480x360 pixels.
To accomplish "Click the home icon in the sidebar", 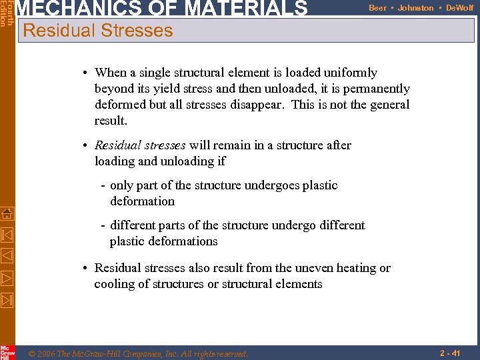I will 7,214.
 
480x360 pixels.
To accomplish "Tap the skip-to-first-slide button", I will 7,235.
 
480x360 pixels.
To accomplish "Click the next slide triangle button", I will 7,278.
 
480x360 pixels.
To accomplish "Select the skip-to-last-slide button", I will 7,299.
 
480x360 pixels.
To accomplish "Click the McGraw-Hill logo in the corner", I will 7,352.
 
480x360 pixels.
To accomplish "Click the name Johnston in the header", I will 415,8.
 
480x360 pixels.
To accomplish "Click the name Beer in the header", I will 377,8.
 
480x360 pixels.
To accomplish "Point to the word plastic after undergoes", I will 317,185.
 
